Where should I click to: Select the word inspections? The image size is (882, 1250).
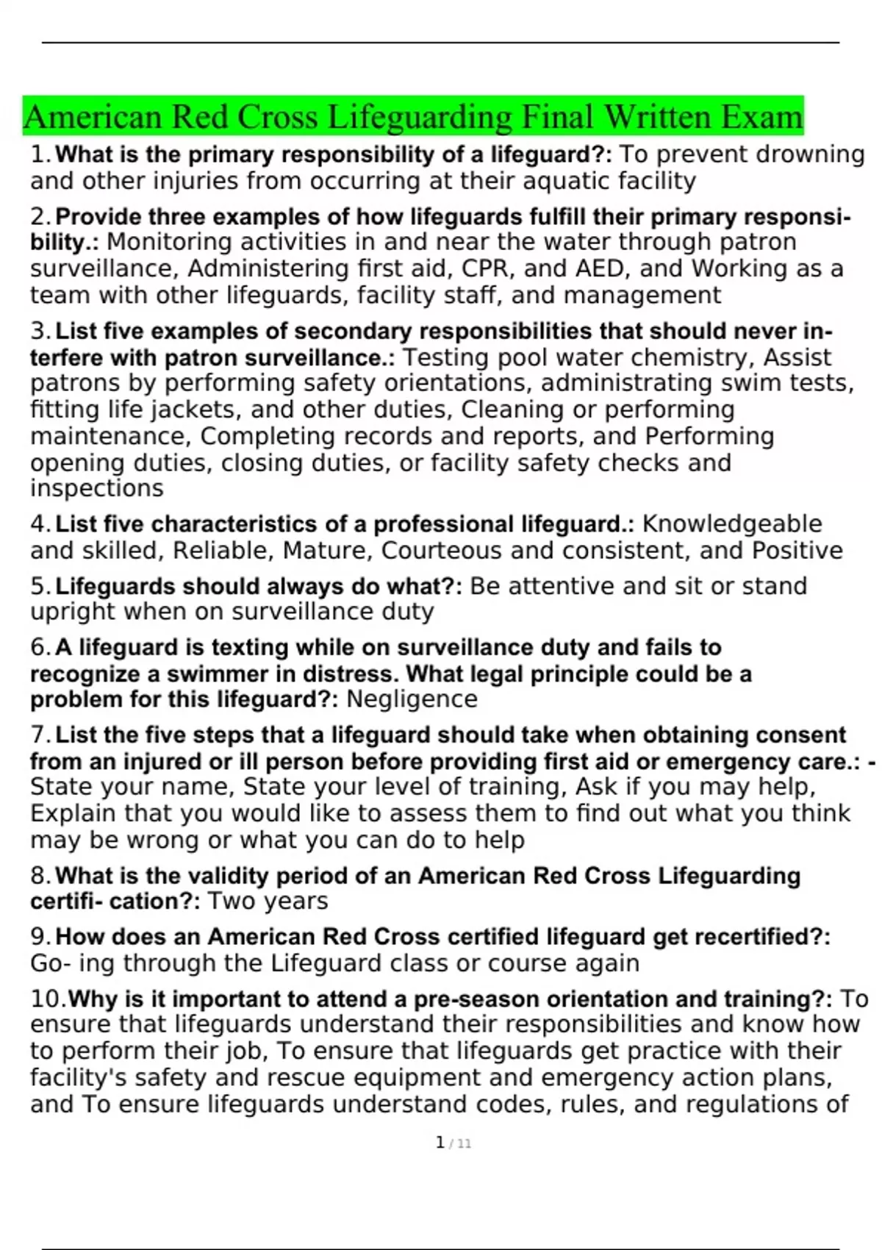point(97,488)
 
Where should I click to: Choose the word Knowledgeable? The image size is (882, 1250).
point(732,524)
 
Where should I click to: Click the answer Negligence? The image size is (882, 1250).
point(412,699)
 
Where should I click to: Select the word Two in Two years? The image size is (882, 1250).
point(228,901)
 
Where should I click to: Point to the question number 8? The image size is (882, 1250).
point(40,876)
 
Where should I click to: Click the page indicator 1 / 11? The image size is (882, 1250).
point(453,1143)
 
